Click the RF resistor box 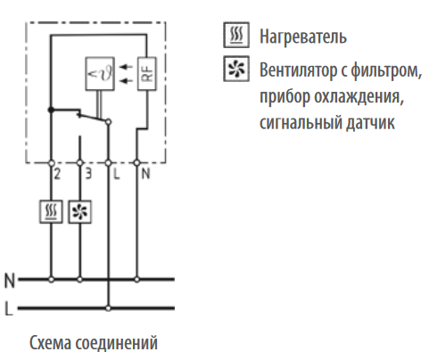point(146,74)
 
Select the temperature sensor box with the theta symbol point(100,74)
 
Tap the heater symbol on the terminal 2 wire point(51,212)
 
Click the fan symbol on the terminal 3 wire point(79,212)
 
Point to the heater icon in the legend point(236,35)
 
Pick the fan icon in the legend point(236,69)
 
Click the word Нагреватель point(303,37)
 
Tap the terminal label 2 point(57,174)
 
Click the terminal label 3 point(88,174)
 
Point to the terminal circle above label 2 point(51,163)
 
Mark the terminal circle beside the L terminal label point(108,163)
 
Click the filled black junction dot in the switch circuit point(51,110)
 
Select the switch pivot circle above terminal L point(108,122)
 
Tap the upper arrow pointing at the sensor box point(126,67)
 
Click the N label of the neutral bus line point(10,281)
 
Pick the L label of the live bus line point(9,308)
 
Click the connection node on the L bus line point(108,308)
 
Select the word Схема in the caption point(51,343)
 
